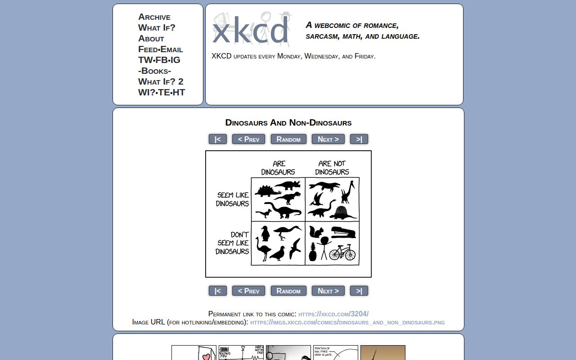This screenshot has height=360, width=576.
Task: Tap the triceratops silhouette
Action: tap(288, 184)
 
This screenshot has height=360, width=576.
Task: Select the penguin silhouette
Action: tap(265, 234)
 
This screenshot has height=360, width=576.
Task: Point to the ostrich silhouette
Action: tap(262, 250)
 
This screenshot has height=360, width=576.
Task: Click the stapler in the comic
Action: tap(343, 232)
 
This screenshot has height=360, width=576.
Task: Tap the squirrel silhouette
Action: tap(318, 232)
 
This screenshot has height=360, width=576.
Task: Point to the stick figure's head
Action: tap(324, 241)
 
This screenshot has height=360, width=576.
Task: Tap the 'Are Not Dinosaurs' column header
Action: tap(332, 168)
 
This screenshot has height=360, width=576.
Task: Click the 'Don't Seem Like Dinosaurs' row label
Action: tap(233, 243)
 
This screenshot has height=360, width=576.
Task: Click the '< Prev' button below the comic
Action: tap(248, 291)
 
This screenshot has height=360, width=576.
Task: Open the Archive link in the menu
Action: tap(154, 17)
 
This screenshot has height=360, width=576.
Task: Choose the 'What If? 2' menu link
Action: tap(161, 81)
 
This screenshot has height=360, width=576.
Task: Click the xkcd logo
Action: tap(250, 30)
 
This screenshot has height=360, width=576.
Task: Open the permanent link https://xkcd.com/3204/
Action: tap(333, 314)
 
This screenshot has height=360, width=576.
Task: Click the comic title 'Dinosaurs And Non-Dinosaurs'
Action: tap(288, 123)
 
